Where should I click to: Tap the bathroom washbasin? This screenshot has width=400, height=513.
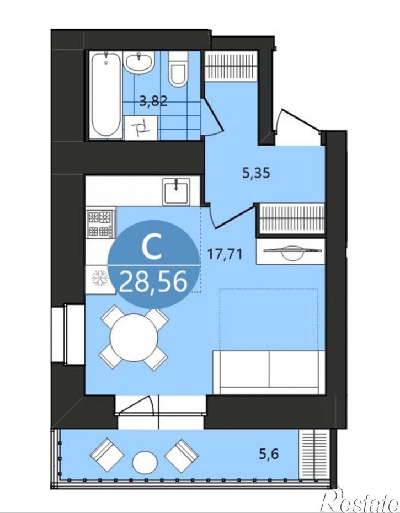pos(139,62)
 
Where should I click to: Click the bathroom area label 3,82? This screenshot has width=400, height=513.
pos(153,101)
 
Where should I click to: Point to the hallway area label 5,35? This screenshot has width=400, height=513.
pos(257,173)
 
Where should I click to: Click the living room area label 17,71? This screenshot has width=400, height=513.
pos(226,254)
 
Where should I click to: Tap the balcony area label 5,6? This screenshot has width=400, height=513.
pos(269,454)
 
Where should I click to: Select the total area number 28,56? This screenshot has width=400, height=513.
pos(153,282)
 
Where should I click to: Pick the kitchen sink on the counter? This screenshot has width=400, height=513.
pos(177,192)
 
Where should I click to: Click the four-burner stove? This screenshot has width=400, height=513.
pos(101,223)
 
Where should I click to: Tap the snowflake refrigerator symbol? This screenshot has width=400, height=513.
pos(100,278)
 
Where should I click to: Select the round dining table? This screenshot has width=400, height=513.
pos(134,337)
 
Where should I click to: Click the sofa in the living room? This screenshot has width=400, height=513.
pos(268,372)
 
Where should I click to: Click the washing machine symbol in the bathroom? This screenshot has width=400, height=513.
pos(141,128)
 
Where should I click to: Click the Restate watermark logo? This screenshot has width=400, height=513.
pos(360,500)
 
